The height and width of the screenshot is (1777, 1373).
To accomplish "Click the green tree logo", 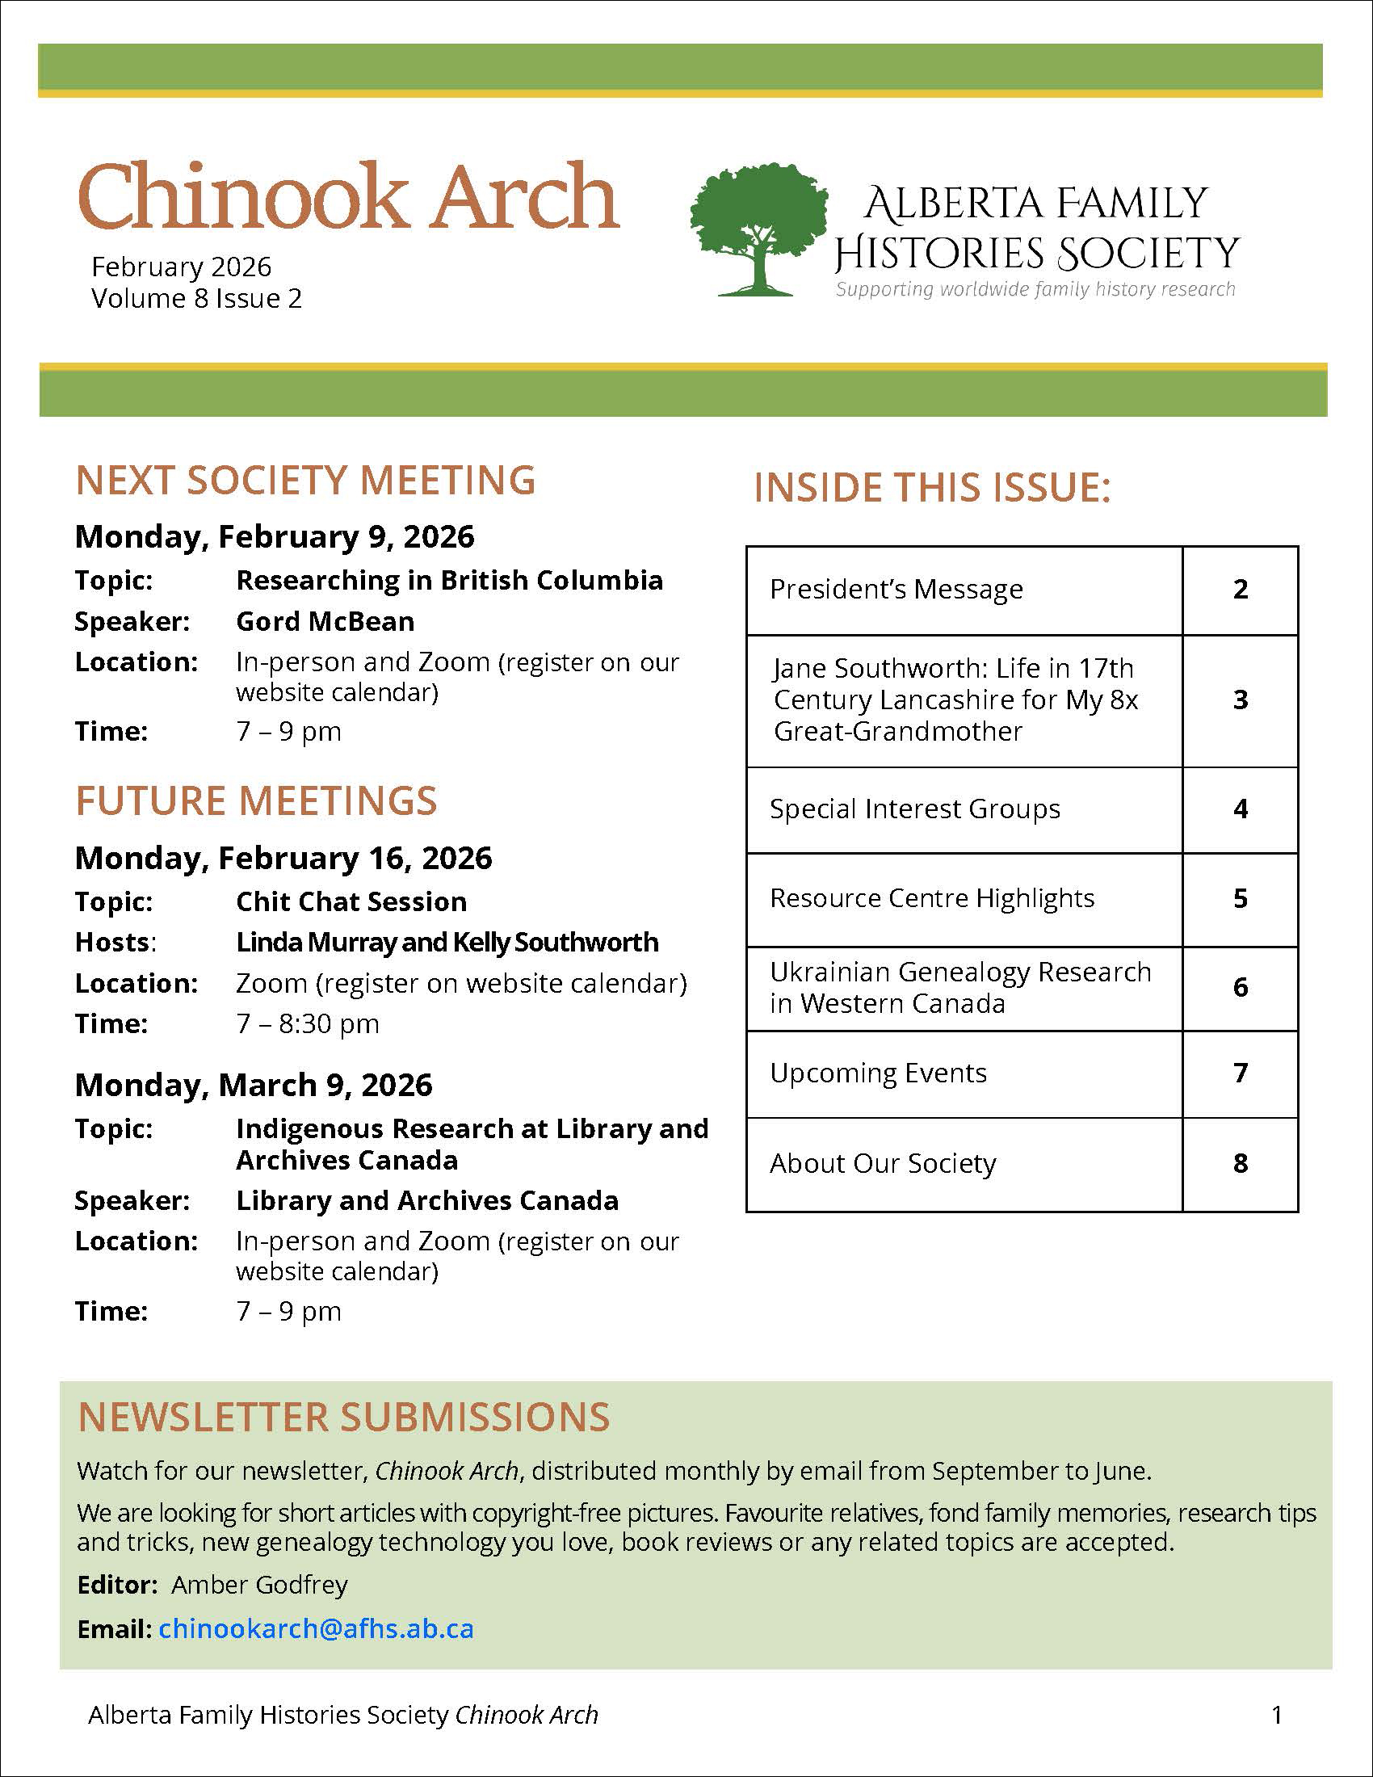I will click(758, 229).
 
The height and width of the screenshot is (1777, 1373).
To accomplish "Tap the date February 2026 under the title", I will click(182, 267).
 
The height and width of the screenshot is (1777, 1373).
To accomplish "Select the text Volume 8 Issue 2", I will click(196, 299).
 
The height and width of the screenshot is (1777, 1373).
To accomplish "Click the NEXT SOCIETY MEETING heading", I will click(305, 480).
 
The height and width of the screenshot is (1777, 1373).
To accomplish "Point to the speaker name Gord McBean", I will click(325, 622).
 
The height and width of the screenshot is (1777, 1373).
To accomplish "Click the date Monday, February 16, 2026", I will click(283, 858).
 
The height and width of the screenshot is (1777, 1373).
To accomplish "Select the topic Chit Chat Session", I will click(351, 901).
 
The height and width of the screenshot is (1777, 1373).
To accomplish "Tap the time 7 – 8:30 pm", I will click(308, 1023).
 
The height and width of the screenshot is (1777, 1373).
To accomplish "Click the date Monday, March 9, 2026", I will click(254, 1085).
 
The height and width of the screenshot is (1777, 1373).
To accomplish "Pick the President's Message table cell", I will click(896, 589).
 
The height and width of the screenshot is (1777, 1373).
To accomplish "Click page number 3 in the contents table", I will click(1240, 699).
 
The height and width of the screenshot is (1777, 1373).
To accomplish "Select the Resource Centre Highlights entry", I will click(932, 898).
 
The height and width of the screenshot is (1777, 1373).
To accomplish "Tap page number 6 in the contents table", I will click(1240, 987).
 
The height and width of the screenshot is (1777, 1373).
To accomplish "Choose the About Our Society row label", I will click(883, 1163).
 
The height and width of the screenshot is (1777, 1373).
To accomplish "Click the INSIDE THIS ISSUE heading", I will click(932, 487).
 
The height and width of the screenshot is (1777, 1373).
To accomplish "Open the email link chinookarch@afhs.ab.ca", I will click(316, 1628).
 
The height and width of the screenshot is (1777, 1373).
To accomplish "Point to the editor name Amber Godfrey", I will click(259, 1584).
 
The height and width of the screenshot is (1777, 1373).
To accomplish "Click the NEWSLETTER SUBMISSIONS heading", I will click(343, 1418).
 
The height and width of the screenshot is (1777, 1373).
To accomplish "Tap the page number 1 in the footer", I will click(1277, 1714).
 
